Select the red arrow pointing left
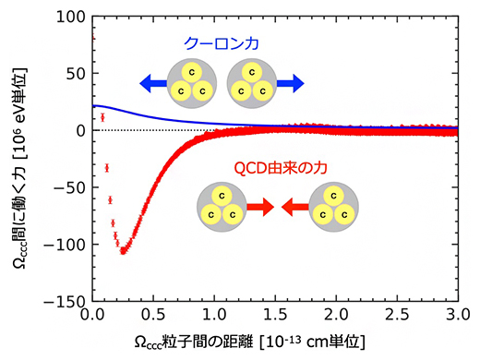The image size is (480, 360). [293, 209]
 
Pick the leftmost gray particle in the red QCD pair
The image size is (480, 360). [222, 208]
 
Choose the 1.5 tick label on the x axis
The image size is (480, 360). [276, 316]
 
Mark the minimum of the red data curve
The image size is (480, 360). [124, 250]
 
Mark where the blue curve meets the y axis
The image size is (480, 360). [93, 106]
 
